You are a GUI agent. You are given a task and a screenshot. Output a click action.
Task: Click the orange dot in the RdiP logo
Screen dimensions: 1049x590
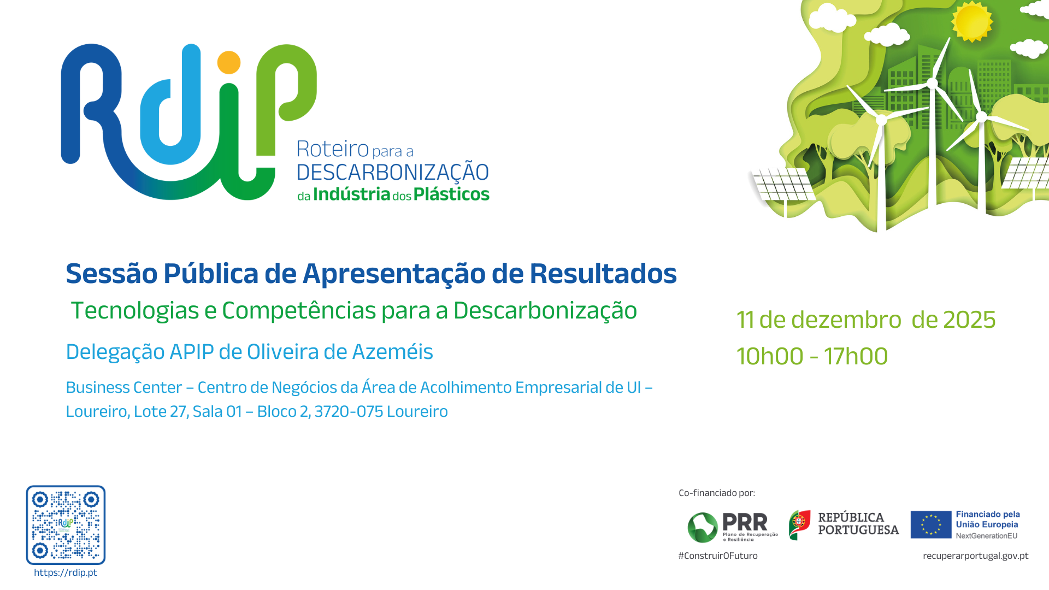coord(229,62)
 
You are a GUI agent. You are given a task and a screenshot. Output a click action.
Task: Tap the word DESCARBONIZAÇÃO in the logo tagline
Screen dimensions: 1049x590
coord(393,172)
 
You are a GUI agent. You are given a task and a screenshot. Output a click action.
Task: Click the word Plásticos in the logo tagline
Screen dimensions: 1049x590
coord(451,194)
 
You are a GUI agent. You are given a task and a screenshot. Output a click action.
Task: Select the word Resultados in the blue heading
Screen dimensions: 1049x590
coord(603,273)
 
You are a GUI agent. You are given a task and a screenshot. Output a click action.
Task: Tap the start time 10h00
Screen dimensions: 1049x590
coord(770,356)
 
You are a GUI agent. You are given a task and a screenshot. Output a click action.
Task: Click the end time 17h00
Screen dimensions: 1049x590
coord(856,356)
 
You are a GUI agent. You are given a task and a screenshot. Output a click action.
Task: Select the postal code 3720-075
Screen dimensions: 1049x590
coord(349,411)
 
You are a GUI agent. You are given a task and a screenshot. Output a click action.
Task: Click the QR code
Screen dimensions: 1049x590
coord(66,525)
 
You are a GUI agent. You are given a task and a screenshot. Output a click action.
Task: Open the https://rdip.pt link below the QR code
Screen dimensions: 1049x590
coord(66,573)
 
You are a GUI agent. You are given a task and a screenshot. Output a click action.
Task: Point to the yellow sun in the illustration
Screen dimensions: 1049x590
coord(972,21)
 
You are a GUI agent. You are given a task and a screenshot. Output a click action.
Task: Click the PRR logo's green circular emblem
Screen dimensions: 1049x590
coord(703,527)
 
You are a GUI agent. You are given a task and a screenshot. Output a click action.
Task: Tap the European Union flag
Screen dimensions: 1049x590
coord(931,524)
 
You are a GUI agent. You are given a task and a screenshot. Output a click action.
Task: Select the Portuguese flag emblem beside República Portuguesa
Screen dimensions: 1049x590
coord(800,525)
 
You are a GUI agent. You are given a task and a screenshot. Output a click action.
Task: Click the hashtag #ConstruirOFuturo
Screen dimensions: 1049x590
coord(718,556)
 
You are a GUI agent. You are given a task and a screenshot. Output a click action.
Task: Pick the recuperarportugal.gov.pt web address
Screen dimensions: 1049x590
coord(976,556)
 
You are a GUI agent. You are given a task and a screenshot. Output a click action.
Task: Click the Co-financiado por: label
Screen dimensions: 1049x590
coord(717,493)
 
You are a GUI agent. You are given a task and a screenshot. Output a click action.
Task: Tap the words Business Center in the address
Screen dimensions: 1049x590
coord(124,387)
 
